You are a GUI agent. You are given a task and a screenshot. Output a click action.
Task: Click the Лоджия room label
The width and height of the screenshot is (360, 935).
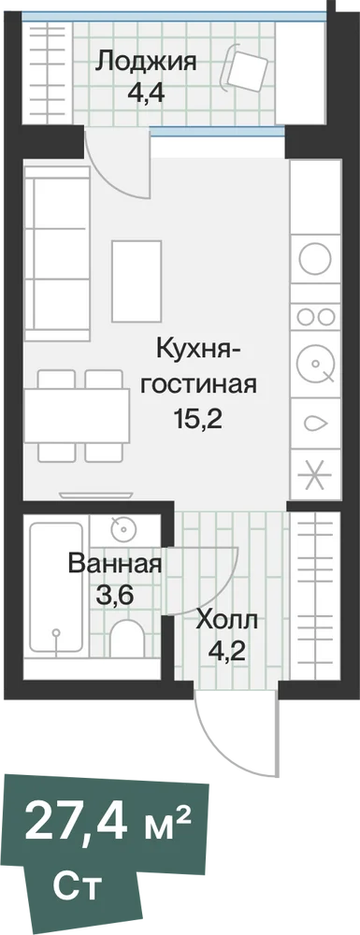tap(146, 62)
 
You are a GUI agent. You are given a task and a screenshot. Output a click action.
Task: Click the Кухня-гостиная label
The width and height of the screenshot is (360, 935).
tap(198, 367)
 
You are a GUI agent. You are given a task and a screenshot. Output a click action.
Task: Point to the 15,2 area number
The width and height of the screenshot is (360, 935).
tap(198, 421)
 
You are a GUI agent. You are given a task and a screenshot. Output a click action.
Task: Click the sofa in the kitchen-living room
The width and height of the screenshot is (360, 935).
tap(57, 253)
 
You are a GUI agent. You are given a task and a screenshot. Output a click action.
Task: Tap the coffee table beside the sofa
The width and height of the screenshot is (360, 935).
tap(137, 280)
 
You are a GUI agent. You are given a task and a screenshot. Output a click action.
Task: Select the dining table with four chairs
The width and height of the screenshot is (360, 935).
tap(77, 416)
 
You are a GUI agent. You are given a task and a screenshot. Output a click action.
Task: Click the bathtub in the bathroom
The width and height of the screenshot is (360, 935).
tap(56, 587)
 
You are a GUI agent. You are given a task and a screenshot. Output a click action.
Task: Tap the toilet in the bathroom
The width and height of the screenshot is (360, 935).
tap(127, 639)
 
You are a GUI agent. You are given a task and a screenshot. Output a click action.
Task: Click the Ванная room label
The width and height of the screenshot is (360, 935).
tap(115, 564)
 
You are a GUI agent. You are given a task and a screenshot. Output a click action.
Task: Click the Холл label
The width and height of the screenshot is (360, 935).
tap(227, 622)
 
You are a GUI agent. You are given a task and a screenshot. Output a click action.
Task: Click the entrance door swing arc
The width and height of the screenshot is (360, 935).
tap(221, 752)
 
